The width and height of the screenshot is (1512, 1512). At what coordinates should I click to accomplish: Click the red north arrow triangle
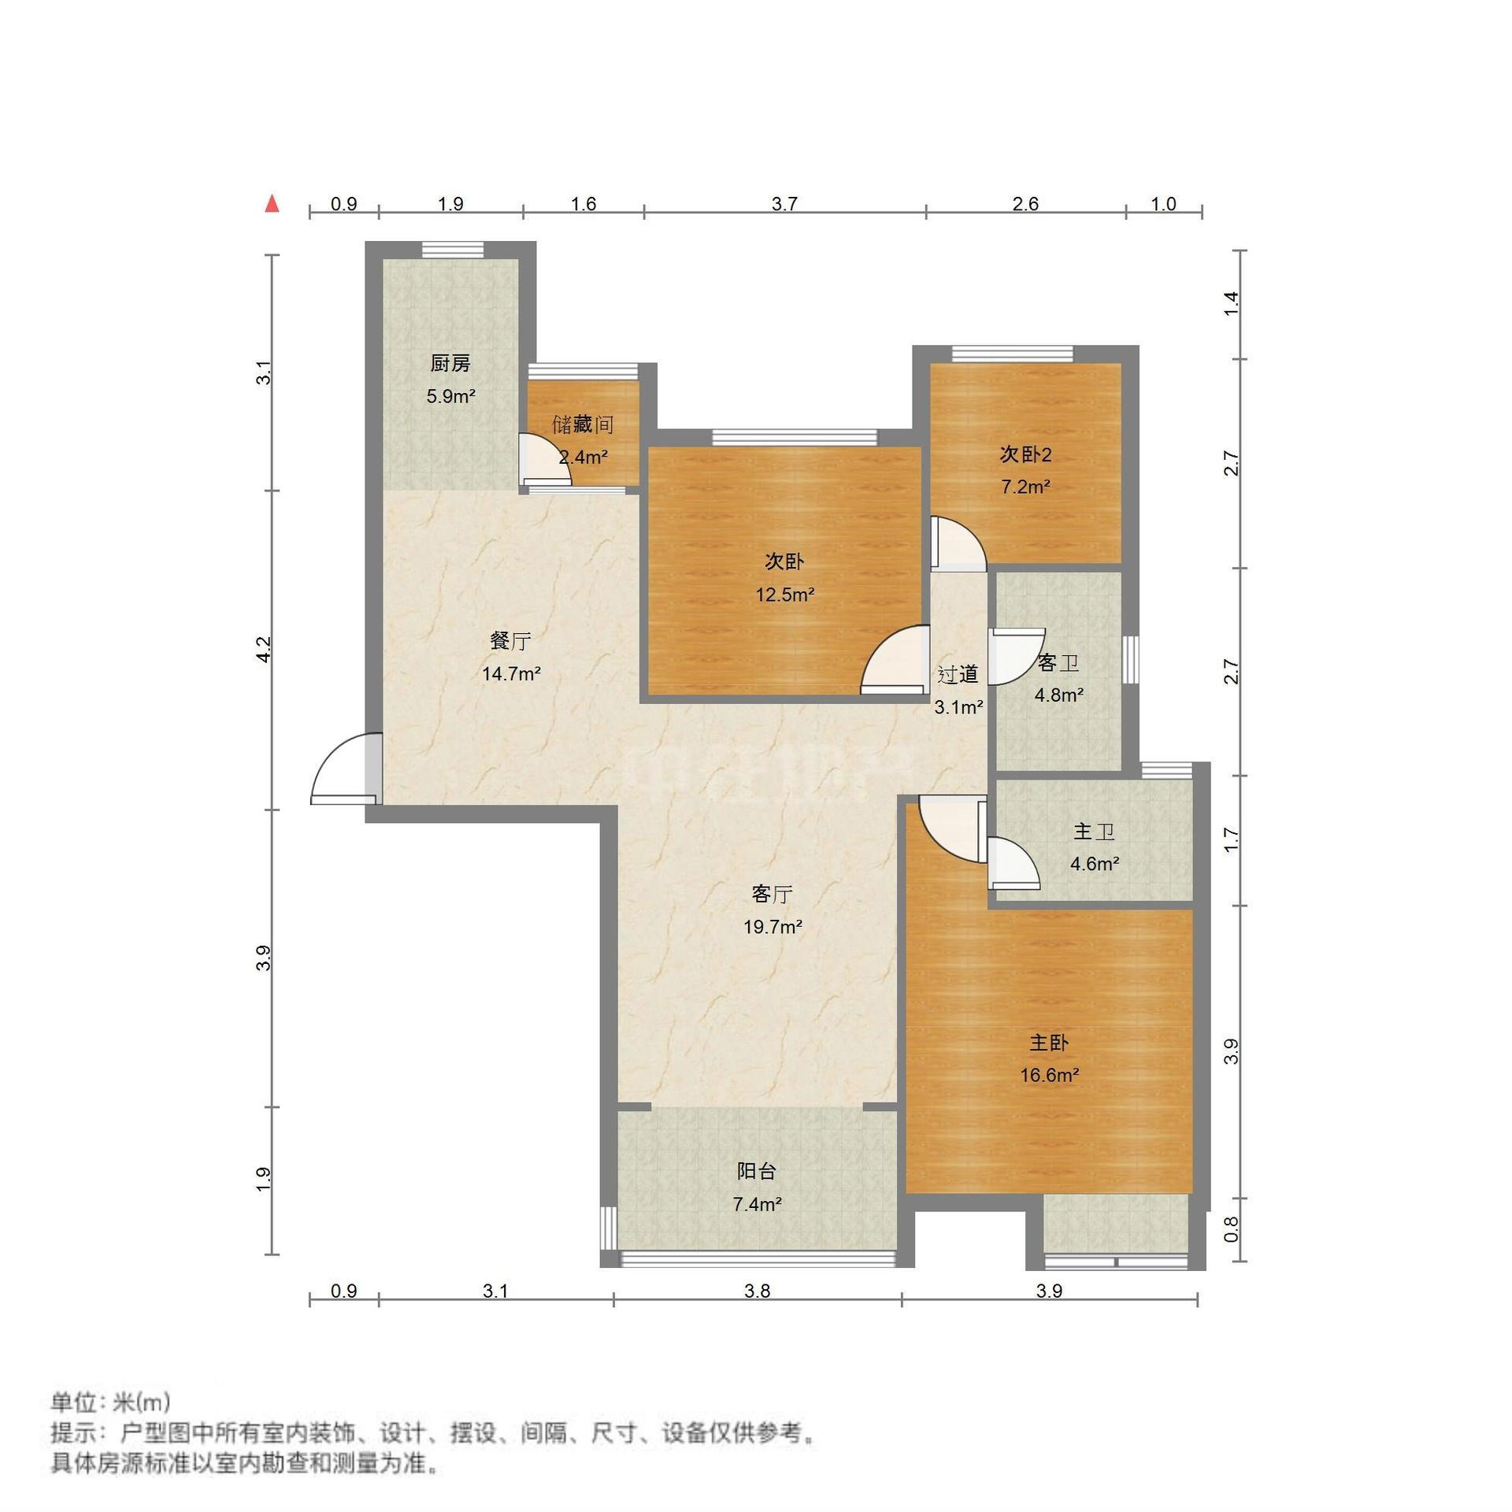coord(272,204)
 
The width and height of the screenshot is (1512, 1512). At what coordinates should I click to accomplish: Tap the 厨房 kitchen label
coord(450,363)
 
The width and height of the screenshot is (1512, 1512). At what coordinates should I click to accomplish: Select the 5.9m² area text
coord(450,396)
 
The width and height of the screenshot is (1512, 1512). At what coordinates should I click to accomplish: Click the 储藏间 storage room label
coord(583,424)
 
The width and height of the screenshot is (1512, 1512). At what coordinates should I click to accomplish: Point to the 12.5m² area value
coord(785,595)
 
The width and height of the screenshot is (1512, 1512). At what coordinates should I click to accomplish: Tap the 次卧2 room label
coord(1026,454)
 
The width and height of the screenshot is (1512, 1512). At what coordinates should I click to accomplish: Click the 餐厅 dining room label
coord(510,641)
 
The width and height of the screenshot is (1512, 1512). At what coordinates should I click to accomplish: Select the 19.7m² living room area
coord(773,927)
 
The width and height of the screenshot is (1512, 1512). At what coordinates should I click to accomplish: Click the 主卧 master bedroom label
coord(1049,1043)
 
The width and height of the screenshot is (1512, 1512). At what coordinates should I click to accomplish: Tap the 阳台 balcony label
coord(757,1171)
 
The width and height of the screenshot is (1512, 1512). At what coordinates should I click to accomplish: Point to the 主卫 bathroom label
coord(1094,832)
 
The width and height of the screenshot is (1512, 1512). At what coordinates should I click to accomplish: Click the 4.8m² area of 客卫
coord(1058,695)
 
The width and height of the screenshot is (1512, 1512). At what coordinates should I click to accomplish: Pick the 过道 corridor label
coord(958,674)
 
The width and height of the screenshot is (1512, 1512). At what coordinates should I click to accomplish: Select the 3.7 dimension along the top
coord(784,205)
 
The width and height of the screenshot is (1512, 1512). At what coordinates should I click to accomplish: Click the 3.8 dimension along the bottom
coord(757,1291)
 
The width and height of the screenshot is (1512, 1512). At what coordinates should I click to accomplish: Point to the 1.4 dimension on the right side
coord(1232,304)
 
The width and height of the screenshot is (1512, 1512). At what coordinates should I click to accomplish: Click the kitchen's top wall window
coord(453,250)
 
